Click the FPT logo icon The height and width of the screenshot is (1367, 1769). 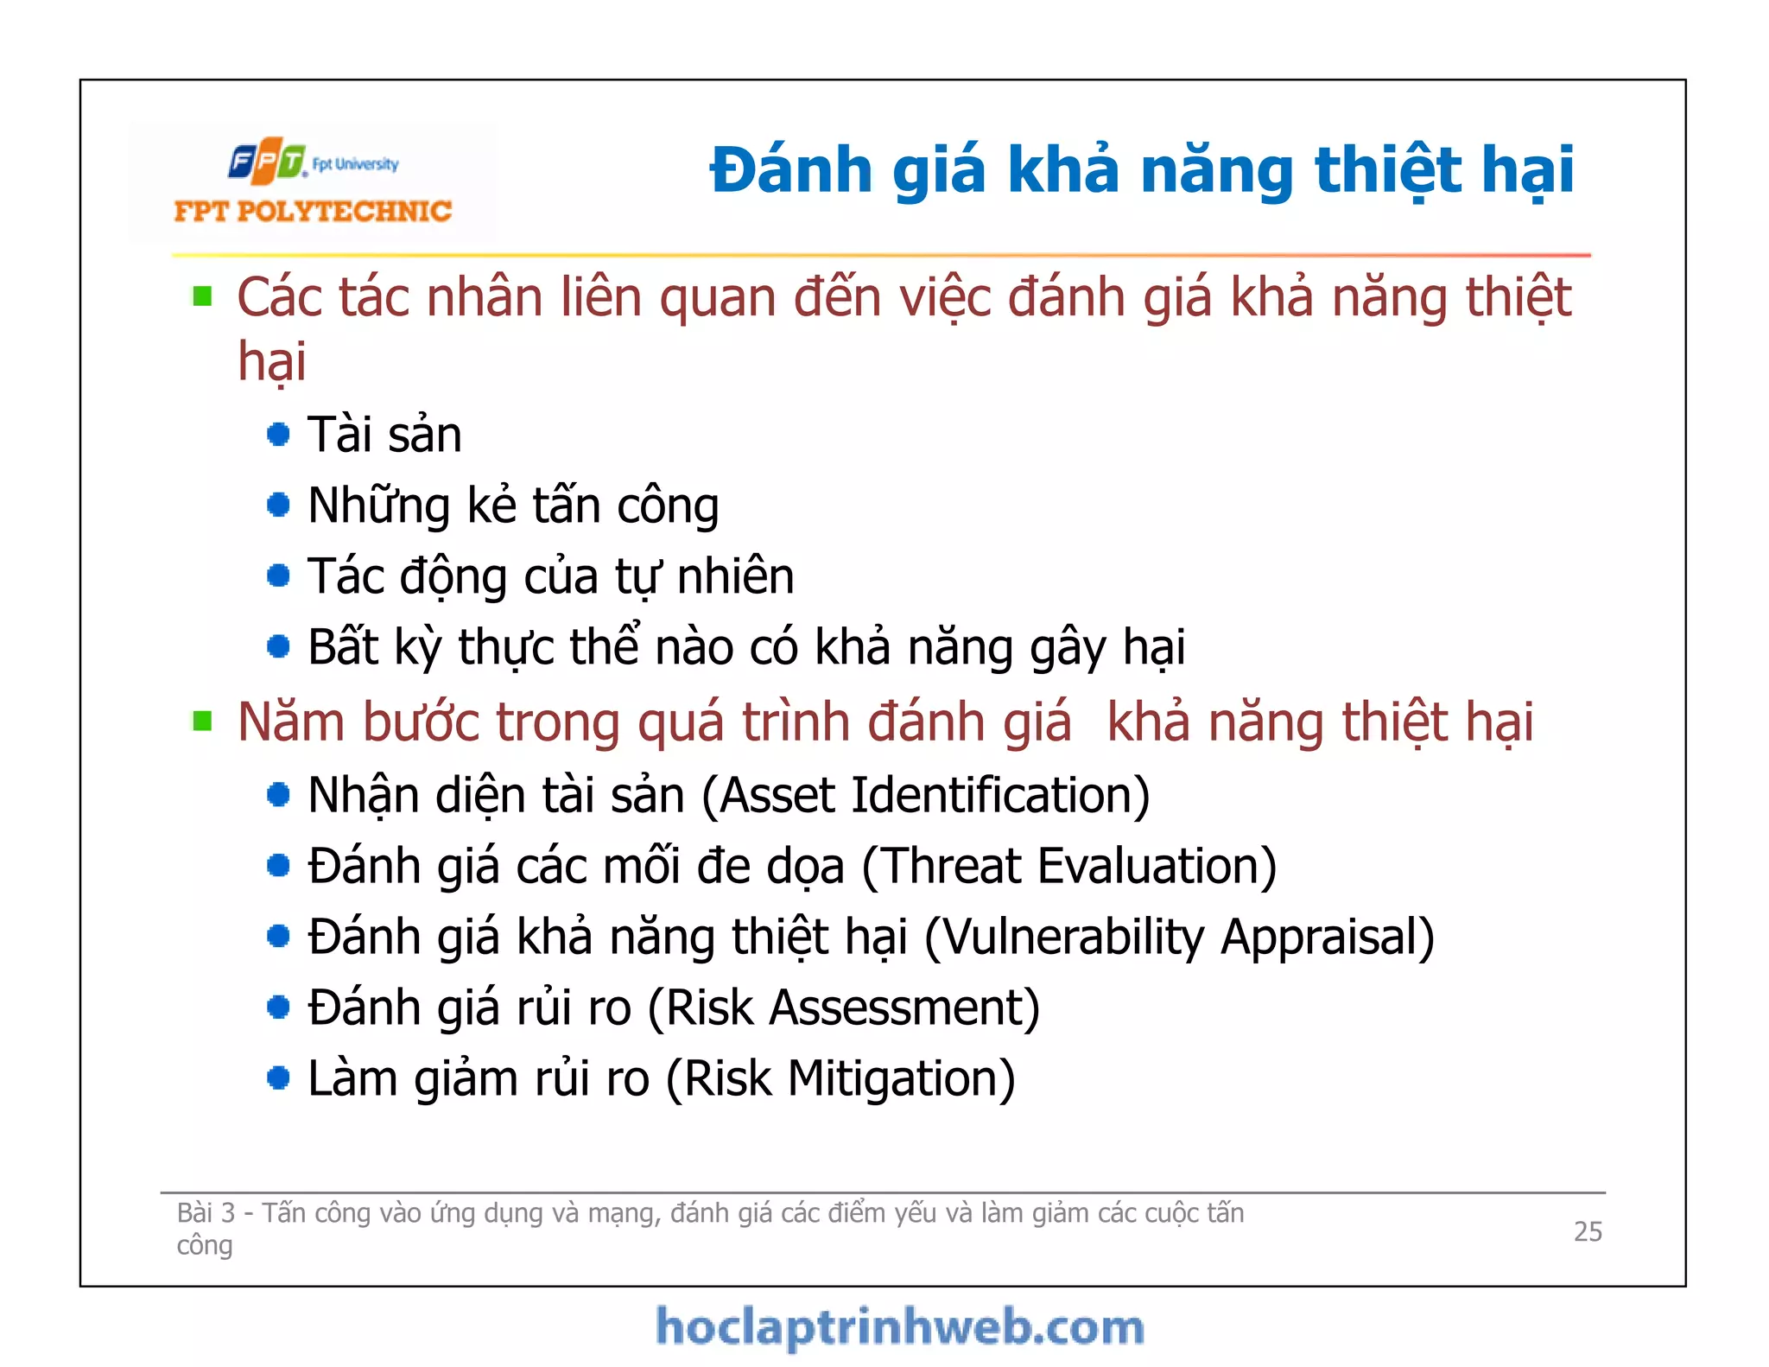pos(266,161)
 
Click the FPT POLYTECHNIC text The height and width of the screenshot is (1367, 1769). pos(312,211)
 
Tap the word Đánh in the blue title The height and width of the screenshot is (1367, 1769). pos(790,169)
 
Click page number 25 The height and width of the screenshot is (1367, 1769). pos(1587,1230)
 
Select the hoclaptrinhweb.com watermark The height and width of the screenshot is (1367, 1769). pos(899,1327)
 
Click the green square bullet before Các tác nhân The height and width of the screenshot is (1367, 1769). pos(203,297)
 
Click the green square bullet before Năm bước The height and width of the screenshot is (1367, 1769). pos(203,721)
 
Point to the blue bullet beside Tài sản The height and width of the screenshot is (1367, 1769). pos(278,434)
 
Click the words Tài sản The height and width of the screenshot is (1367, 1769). pos(384,435)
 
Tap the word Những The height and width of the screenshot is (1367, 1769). pos(378,506)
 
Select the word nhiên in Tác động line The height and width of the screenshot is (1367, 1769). pos(735,576)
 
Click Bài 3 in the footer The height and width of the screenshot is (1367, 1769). pos(206,1213)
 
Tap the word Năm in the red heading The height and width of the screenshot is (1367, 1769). pos(290,722)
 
